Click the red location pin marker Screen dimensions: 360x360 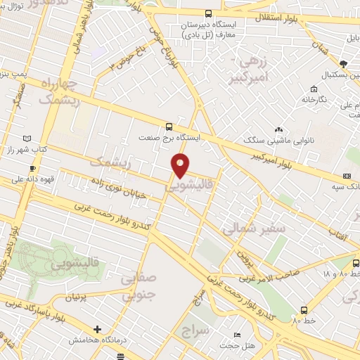point(181,166)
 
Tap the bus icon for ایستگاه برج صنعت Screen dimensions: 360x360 point(169,127)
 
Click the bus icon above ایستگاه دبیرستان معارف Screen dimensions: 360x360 point(207,13)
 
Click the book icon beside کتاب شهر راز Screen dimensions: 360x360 point(27,139)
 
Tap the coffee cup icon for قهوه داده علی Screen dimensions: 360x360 point(32,169)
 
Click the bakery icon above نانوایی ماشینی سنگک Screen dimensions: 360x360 point(279,129)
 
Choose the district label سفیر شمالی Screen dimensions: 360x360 point(254,229)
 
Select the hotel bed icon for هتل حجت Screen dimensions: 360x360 point(237,334)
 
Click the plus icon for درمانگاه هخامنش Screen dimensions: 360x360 point(97,329)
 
